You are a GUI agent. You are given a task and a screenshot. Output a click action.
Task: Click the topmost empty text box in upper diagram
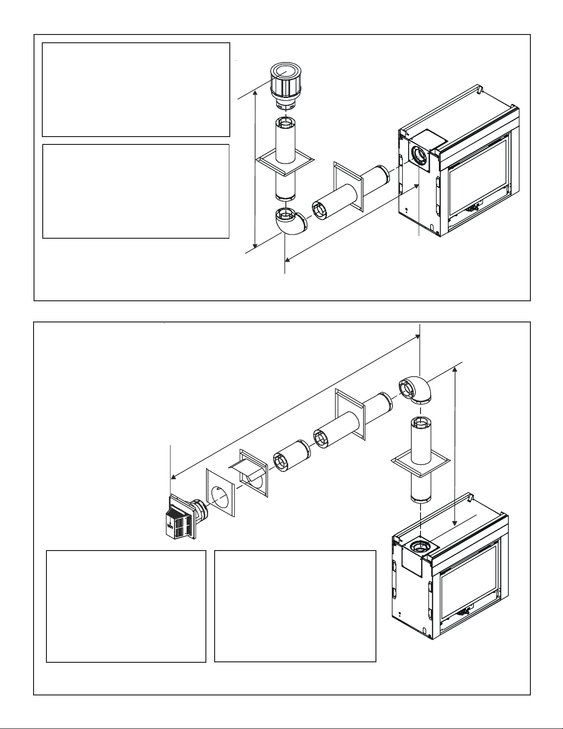pos(136,90)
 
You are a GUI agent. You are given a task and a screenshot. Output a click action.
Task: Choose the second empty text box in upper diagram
pos(136,191)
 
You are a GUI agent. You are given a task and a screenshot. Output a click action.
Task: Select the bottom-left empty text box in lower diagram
pos(126,606)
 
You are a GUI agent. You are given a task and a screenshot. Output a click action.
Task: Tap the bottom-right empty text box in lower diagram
pos(295,606)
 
